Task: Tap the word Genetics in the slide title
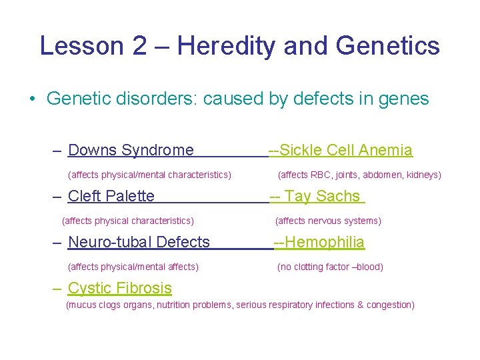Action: pos(388,46)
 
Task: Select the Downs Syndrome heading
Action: pos(131,150)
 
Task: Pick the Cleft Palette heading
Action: pos(111,196)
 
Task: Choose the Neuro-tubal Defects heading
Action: pos(139,242)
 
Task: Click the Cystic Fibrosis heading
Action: pos(120,288)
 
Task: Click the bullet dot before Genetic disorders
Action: pos(31,99)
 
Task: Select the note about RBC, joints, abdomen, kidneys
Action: pos(359,175)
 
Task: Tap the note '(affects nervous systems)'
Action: pos(328,221)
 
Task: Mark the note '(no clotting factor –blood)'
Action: pos(330,267)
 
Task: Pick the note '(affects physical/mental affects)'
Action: pos(133,267)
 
